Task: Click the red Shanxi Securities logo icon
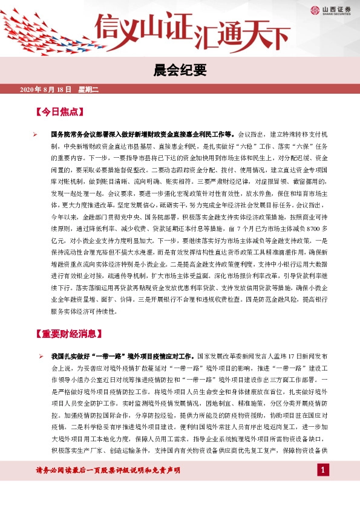coord(315,10)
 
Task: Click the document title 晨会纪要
coord(180,71)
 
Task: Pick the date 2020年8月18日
coord(46,90)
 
